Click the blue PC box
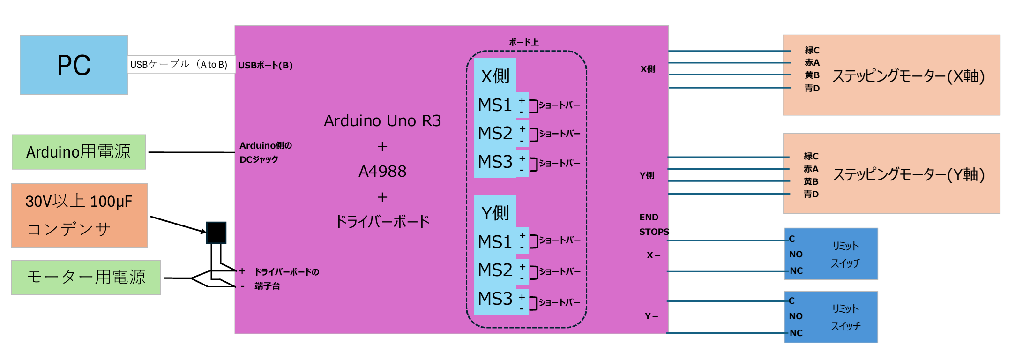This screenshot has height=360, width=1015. click(74, 65)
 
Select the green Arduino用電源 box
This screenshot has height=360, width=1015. click(79, 152)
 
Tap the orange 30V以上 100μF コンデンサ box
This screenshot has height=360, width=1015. click(79, 215)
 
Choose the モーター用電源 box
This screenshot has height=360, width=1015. click(86, 277)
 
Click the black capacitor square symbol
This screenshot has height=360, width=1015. click(216, 232)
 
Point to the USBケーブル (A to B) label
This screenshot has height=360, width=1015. click(179, 65)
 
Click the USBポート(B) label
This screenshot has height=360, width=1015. click(265, 66)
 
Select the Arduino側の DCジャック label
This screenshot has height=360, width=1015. click(265, 152)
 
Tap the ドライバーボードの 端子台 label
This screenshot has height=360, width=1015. click(286, 279)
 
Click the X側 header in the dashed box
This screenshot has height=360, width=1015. click(495, 76)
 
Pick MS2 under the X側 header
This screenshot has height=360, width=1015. click(495, 134)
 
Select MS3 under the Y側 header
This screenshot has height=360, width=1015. click(495, 299)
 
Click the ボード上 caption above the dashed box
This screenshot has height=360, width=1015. click(524, 43)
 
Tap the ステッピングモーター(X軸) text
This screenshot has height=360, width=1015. click(908, 76)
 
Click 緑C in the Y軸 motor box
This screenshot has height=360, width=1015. click(811, 156)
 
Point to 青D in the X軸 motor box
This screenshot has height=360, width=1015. click(812, 88)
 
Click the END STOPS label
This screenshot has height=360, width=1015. click(654, 225)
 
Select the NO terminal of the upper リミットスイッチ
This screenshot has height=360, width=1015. click(796, 255)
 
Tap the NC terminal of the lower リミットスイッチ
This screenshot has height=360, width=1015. click(796, 333)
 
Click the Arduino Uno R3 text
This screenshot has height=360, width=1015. click(382, 121)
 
